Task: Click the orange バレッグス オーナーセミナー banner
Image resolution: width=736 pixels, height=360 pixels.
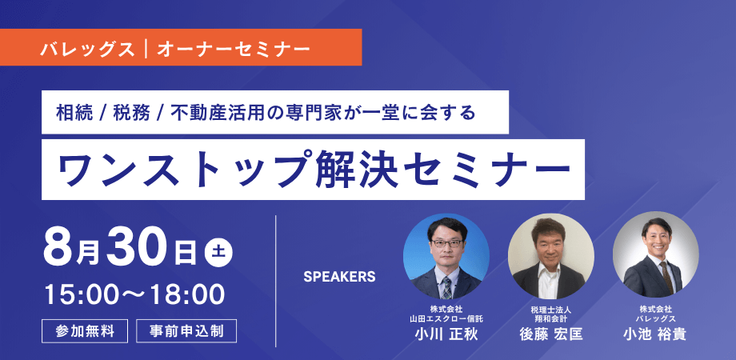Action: (181, 47)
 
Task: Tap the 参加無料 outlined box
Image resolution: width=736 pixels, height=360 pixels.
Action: (85, 331)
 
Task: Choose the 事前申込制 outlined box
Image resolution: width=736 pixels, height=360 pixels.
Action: (186, 331)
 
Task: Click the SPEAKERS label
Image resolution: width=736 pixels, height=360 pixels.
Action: (339, 277)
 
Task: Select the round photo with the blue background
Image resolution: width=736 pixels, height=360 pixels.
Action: (446, 257)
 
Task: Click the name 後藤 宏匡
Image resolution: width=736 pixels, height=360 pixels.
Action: (550, 334)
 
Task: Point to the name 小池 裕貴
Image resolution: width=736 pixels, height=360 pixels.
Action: (654, 334)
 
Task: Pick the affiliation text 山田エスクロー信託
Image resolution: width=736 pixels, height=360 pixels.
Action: (446, 318)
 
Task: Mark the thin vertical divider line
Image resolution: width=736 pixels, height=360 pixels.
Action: (275, 281)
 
